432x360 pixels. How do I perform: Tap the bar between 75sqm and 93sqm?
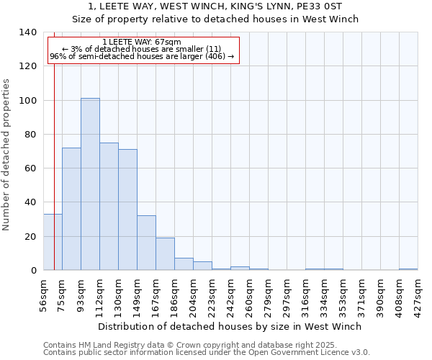(71, 209)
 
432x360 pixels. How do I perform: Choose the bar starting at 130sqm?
(127, 210)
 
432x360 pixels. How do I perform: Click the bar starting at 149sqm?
(146, 243)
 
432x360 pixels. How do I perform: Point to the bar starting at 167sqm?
(165, 254)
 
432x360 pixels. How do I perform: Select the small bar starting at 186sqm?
(184, 264)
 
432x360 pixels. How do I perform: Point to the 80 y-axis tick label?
(30, 135)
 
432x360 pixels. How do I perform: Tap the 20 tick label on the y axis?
(30, 237)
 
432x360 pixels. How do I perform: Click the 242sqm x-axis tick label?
(230, 293)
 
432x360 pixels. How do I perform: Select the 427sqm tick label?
(418, 293)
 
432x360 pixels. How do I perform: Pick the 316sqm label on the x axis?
(305, 293)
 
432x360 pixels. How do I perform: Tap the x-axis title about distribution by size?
(230, 326)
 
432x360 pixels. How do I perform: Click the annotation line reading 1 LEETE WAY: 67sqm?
(142, 42)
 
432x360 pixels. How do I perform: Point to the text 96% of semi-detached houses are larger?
(142, 56)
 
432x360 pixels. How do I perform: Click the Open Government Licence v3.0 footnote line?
(207, 353)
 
